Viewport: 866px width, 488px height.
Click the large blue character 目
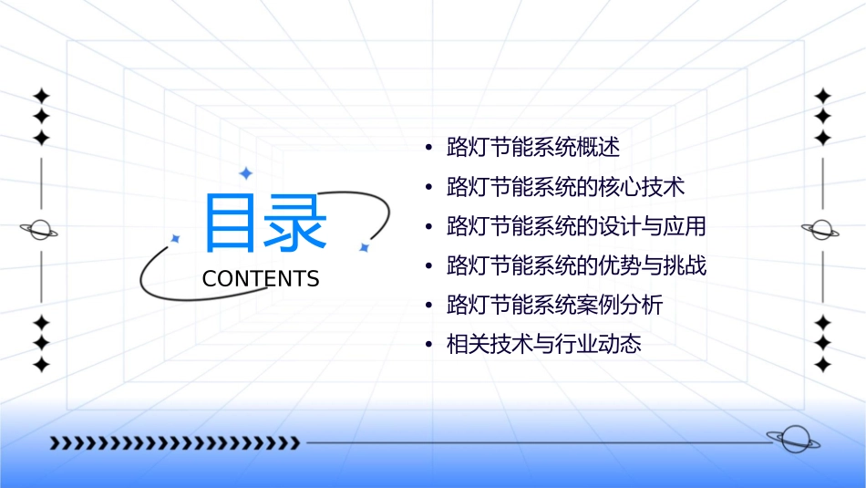tap(228, 223)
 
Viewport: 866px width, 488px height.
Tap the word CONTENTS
tap(261, 279)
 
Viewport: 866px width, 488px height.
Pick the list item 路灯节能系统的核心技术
tap(565, 187)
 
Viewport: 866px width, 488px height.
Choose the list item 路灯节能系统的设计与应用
tap(576, 226)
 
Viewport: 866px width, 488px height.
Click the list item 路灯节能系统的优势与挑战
tap(576, 266)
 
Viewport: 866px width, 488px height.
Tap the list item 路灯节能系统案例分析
tap(554, 306)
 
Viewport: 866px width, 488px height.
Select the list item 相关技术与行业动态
tap(543, 345)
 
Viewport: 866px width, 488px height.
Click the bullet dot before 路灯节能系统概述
tap(428, 148)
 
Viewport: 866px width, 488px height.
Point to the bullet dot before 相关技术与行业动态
tap(428, 346)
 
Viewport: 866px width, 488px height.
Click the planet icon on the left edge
tap(39, 230)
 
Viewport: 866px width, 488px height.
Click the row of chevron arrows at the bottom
tap(174, 443)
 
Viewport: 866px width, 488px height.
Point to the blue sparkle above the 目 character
tap(245, 172)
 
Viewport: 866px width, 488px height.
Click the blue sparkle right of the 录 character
tap(363, 247)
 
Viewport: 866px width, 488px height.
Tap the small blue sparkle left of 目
tap(176, 238)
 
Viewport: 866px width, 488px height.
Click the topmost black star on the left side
tap(41, 96)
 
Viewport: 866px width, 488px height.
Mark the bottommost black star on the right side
tap(822, 365)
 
